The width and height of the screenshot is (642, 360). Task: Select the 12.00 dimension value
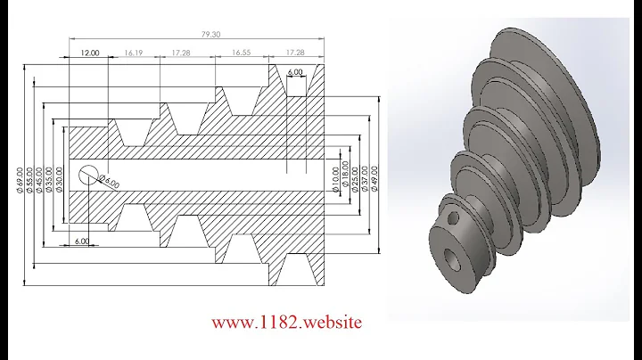[88, 53]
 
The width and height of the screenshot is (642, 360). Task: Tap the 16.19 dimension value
[136, 53]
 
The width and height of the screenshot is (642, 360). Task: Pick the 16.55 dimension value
[241, 53]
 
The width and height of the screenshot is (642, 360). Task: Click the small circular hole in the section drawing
[89, 175]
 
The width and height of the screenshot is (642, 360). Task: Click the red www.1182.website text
[286, 322]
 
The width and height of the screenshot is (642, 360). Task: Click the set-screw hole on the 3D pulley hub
[455, 218]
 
